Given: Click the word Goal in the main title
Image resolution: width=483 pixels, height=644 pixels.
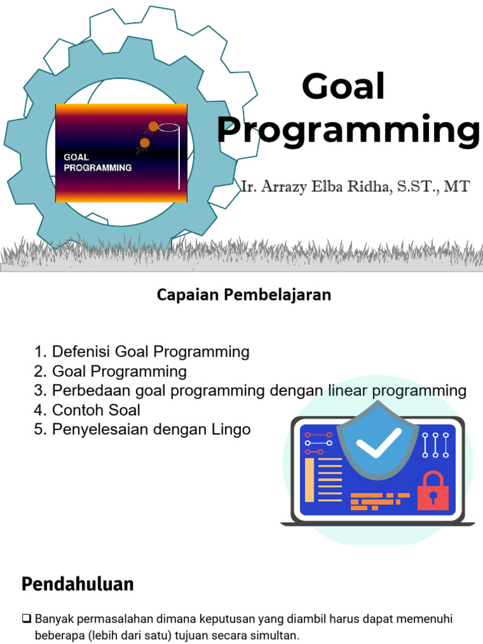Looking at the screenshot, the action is [x=343, y=86].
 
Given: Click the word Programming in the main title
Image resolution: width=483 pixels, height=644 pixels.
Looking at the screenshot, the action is [x=348, y=130].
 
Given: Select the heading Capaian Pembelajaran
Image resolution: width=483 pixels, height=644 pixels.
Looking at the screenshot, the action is [x=244, y=295].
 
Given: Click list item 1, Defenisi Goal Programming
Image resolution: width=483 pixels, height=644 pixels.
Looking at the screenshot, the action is [x=142, y=352].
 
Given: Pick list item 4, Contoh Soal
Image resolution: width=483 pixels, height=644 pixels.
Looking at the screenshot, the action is [x=87, y=410].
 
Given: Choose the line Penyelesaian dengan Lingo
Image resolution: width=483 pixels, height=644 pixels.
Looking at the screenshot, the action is [x=151, y=430].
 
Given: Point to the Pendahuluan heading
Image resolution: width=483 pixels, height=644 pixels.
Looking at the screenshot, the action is [x=77, y=584].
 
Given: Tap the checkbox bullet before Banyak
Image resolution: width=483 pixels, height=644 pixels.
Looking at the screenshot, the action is [x=26, y=618].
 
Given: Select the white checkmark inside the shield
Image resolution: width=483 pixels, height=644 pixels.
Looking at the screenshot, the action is [x=378, y=442].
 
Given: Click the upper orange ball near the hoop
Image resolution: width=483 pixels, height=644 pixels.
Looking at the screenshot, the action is [x=153, y=126].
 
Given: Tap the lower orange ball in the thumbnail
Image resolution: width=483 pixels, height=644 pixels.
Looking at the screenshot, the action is [x=145, y=143].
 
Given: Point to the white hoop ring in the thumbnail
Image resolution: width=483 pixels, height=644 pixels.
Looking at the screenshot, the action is [x=169, y=127].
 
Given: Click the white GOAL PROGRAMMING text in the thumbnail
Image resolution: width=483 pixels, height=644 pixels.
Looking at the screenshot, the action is [x=97, y=163].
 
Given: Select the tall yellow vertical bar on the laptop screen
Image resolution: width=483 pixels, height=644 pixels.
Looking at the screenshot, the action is [x=309, y=480].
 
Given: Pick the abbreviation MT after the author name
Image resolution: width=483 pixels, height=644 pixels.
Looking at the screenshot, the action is [x=457, y=186].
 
